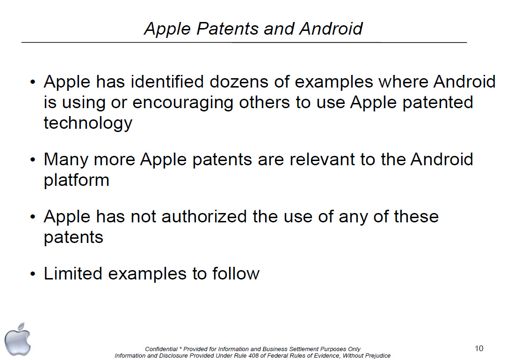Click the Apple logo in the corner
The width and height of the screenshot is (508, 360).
pyautogui.click(x=17, y=339)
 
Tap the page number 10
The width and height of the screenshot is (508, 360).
pyautogui.click(x=479, y=348)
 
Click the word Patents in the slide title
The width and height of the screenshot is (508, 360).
pyautogui.click(x=227, y=29)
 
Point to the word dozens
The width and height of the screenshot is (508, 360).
pyautogui.click(x=239, y=81)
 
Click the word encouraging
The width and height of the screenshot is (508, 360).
pyautogui.click(x=183, y=103)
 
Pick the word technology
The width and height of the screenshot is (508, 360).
pyautogui.click(x=88, y=123)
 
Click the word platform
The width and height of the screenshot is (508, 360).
pyautogui.click(x=76, y=180)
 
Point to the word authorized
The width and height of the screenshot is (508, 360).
pyautogui.click(x=204, y=216)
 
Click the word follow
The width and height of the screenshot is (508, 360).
pyautogui.click(x=236, y=273)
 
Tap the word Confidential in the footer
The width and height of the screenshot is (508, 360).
pyautogui.click(x=161, y=349)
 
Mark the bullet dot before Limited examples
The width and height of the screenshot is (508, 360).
pyautogui.click(x=32, y=274)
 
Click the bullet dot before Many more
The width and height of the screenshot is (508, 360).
pyautogui.click(x=32, y=160)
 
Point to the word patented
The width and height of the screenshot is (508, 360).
pyautogui.click(x=438, y=103)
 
